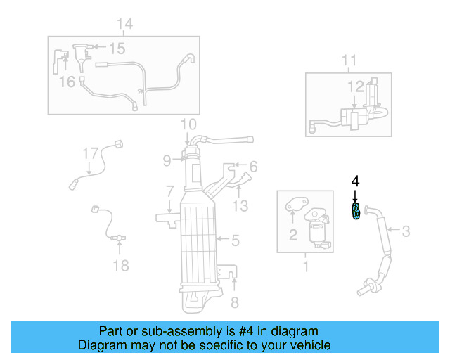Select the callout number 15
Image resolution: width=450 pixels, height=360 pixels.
pyautogui.click(x=116, y=48)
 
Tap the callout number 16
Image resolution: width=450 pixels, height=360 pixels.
pyautogui.click(x=67, y=82)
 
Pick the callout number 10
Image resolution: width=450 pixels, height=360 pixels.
pyautogui.click(x=188, y=124)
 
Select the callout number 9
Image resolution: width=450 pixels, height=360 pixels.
pyautogui.click(x=167, y=160)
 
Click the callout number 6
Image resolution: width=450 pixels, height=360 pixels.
pyautogui.click(x=253, y=167)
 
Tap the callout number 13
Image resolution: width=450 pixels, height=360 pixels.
pyautogui.click(x=240, y=205)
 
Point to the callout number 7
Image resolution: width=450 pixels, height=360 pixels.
pyautogui.click(x=169, y=191)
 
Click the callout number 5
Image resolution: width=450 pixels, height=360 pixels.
pyautogui.click(x=236, y=240)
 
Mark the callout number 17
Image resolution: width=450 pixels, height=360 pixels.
pyautogui.click(x=89, y=153)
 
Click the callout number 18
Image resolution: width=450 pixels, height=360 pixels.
pyautogui.click(x=121, y=265)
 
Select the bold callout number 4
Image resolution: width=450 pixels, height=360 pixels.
pyautogui.click(x=355, y=181)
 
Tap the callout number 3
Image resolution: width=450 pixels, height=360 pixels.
pyautogui.click(x=406, y=229)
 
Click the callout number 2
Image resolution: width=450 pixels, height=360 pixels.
pyautogui.click(x=292, y=236)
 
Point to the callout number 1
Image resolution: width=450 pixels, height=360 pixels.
pyautogui.click(x=305, y=266)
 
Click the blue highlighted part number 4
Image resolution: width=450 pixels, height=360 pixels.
pyautogui.click(x=356, y=212)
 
